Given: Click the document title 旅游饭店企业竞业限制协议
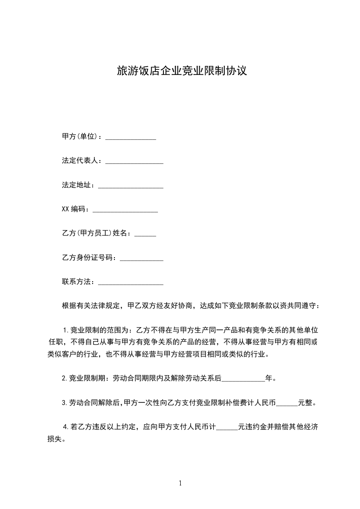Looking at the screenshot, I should tap(182, 71).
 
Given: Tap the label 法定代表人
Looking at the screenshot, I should tap(79, 161).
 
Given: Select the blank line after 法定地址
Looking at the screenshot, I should tap(131, 186).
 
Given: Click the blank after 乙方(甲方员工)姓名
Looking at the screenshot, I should tap(145, 235).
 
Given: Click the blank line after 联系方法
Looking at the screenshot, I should tap(131, 283).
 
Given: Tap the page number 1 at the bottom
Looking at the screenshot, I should tap(180, 484).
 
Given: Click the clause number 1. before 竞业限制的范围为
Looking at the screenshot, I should tap(65, 329).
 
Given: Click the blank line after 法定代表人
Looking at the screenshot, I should tap(134, 162).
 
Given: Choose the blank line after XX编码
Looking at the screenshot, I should tap(125, 210).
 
